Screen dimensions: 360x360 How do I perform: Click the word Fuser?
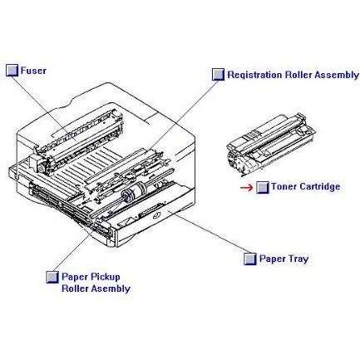(34, 71)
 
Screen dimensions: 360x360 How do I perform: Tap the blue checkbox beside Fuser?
(12, 71)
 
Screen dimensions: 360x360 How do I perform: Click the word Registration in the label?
(254, 74)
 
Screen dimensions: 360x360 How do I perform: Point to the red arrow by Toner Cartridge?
(246, 187)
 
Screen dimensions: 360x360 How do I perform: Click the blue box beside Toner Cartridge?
(262, 187)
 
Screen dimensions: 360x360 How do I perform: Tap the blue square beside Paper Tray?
(249, 259)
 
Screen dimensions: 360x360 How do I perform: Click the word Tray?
(297, 259)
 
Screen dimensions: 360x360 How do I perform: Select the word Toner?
(284, 187)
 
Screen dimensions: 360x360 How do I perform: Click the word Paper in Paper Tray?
(271, 259)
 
